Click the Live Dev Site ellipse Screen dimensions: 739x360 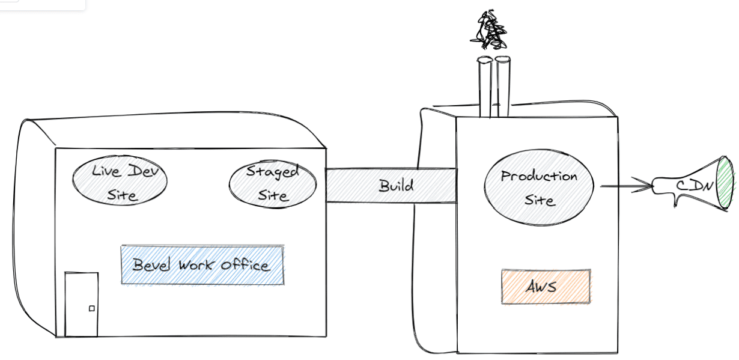pos(120,180)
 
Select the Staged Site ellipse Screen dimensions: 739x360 pos(273,184)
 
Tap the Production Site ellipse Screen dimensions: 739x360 pos(539,188)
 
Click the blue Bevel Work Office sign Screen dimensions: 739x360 pos(202,265)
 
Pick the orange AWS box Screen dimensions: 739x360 pos(546,287)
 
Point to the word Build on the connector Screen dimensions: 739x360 pos(396,186)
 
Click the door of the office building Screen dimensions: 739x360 pos(82,304)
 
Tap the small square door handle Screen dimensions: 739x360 pos(92,308)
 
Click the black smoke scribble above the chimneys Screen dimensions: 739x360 pos(488,31)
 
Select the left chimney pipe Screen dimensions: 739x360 pos(485,87)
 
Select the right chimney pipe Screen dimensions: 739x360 pos(503,87)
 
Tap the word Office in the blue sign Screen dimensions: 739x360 pos(245,265)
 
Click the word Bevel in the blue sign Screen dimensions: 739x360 pos(151,264)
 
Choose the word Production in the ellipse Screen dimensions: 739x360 pos(539,177)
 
